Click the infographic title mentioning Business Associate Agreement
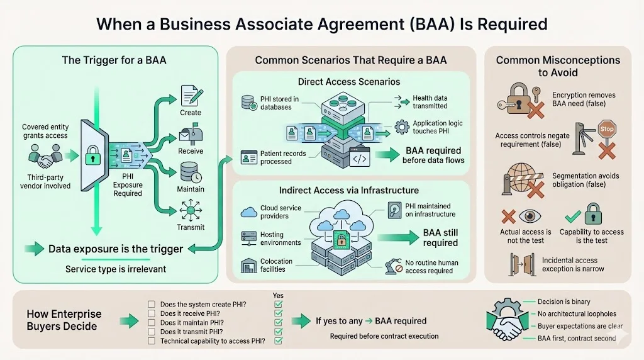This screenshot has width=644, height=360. (321, 24)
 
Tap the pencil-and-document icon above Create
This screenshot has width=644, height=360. (191, 95)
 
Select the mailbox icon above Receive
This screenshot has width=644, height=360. (191, 135)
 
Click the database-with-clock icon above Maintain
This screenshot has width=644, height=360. (191, 172)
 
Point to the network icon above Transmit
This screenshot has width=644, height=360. (191, 210)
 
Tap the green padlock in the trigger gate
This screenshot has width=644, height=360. (93, 154)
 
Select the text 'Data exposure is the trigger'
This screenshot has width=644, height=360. (116, 249)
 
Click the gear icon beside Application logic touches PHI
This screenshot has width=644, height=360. (401, 127)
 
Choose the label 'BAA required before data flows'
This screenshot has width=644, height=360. (433, 155)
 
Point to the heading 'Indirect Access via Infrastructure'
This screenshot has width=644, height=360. (349, 190)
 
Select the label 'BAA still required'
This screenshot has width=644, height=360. (440, 237)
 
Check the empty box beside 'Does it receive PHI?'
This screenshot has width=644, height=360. (151, 313)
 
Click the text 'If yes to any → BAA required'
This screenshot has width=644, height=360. (371, 320)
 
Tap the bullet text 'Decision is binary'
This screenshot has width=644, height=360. (563, 301)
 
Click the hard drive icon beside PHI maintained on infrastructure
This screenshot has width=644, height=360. (394, 210)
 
